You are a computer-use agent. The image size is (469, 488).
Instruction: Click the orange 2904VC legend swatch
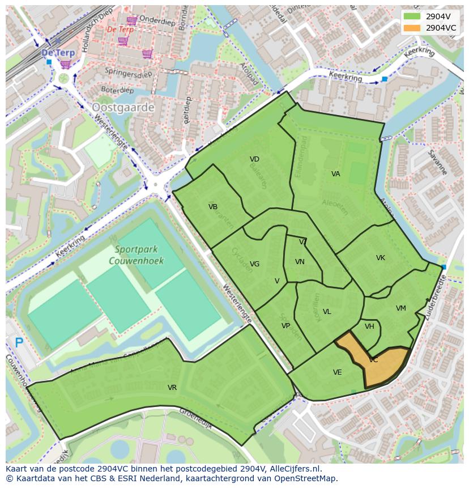pyautogui.click(x=412, y=28)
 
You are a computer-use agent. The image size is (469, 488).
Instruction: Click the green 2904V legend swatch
pyautogui.click(x=412, y=16)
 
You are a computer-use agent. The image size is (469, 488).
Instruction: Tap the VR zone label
pyautogui.click(x=172, y=388)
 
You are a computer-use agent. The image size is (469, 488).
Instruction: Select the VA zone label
pyautogui.click(x=336, y=174)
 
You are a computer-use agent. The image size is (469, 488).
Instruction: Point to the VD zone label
pyautogui.click(x=254, y=159)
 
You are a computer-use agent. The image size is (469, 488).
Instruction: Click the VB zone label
pyautogui.click(x=213, y=207)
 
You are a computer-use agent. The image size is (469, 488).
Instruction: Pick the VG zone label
pyautogui.click(x=254, y=264)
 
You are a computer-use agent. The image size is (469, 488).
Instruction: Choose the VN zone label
pyautogui.click(x=300, y=262)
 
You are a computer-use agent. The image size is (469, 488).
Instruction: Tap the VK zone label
pyautogui.click(x=381, y=258)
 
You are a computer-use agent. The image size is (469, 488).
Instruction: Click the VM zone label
pyautogui.click(x=401, y=308)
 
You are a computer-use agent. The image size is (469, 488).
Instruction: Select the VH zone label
pyautogui.click(x=369, y=326)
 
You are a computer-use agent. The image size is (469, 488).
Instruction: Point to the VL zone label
pyautogui.click(x=327, y=312)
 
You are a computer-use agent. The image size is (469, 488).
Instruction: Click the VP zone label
pyautogui.click(x=285, y=326)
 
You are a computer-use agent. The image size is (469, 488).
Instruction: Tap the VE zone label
pyautogui.click(x=338, y=372)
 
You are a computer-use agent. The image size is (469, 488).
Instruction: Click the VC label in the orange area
pyautogui.click(x=373, y=360)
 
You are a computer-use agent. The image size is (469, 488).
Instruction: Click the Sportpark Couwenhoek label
pyautogui.click(x=139, y=255)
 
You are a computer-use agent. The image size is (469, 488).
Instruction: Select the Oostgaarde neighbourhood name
pyautogui.click(x=123, y=107)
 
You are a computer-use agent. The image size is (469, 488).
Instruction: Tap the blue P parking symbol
pyautogui.click(x=19, y=342)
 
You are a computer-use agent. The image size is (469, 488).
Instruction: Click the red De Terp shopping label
pyautogui.click(x=120, y=29)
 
